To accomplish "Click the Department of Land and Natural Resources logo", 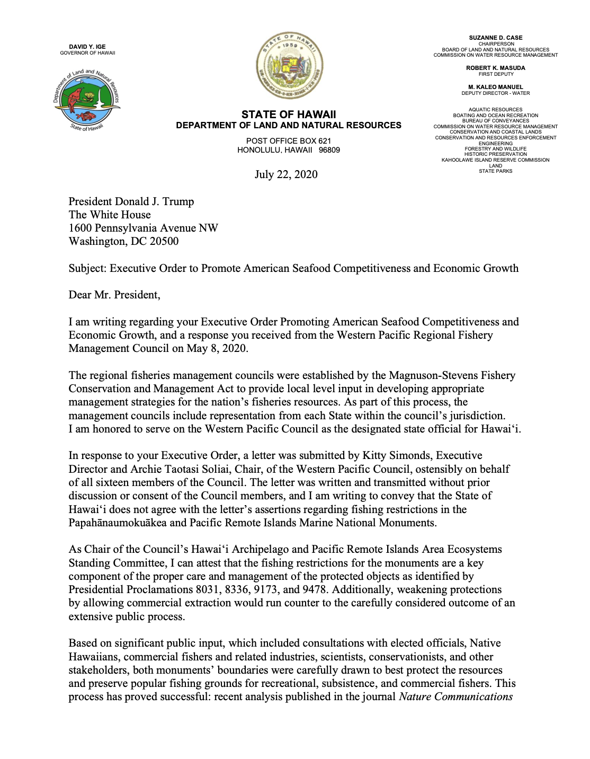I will coord(87,99).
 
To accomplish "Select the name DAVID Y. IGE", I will coord(87,47).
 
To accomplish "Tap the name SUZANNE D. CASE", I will coord(496,38).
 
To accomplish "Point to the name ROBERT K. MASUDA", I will coord(496,68).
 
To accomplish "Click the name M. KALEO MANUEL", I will coord(496,87).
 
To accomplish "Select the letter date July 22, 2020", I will coord(286,174).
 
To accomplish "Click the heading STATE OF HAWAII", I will coord(289,114).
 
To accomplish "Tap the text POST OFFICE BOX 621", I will coord(289,141).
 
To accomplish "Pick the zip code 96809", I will coord(329,150).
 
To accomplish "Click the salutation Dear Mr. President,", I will coord(114,295).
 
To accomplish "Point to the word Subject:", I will coord(88,268).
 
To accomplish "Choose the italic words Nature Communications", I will coord(455,696).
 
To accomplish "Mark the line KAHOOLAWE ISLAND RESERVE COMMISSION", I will coord(496,160).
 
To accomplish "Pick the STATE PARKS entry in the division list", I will coord(496,171).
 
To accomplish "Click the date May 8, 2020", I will coord(217,348).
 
